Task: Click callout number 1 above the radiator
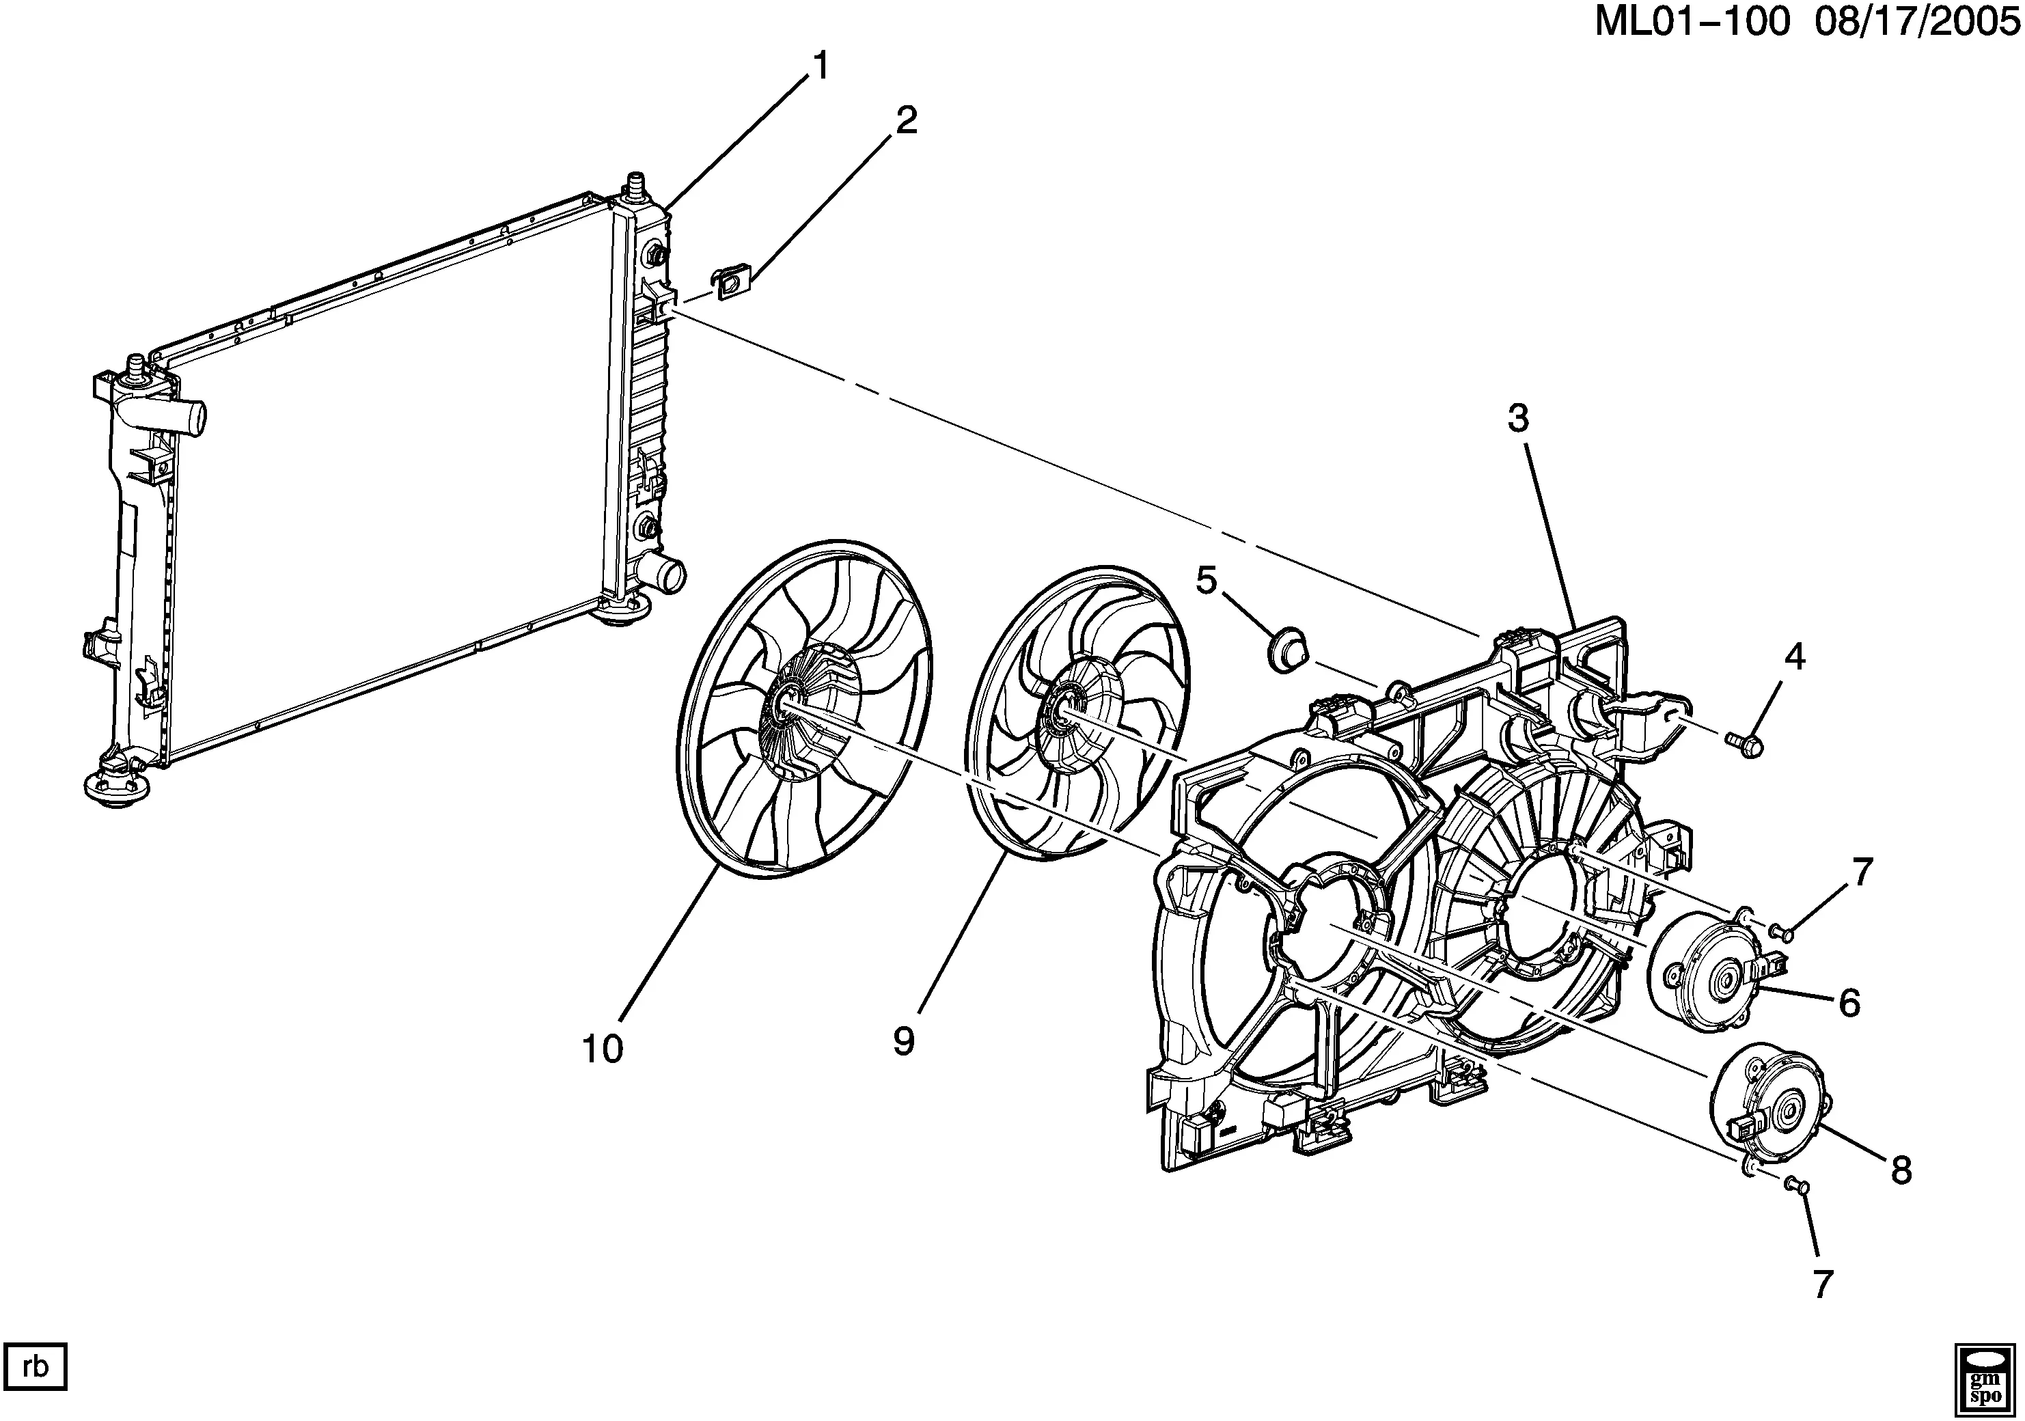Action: click(821, 67)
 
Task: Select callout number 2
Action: click(906, 121)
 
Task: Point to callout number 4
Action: click(1794, 657)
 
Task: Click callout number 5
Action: click(1207, 581)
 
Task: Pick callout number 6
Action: click(1849, 1002)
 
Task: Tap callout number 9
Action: click(904, 1042)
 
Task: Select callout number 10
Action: click(603, 1049)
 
